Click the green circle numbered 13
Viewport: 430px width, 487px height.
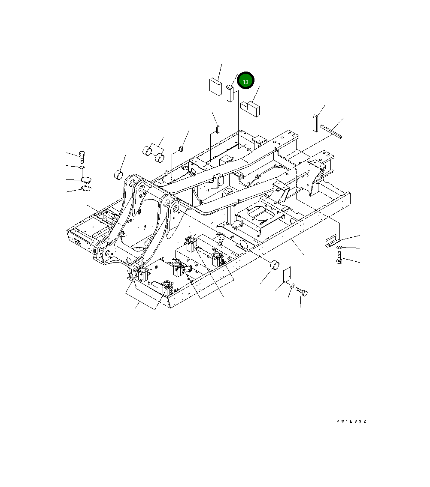[246, 81]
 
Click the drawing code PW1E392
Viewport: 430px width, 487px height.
[351, 421]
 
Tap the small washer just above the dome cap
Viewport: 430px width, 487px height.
[82, 167]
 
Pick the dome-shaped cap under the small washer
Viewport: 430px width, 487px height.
[86, 179]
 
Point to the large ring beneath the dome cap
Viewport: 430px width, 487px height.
[86, 189]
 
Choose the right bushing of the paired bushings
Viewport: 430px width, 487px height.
[160, 157]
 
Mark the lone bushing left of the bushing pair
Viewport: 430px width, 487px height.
[118, 175]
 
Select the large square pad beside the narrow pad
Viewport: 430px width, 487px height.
[215, 86]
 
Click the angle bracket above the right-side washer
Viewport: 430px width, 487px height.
[331, 241]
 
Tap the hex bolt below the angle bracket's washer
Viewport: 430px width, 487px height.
[339, 258]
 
